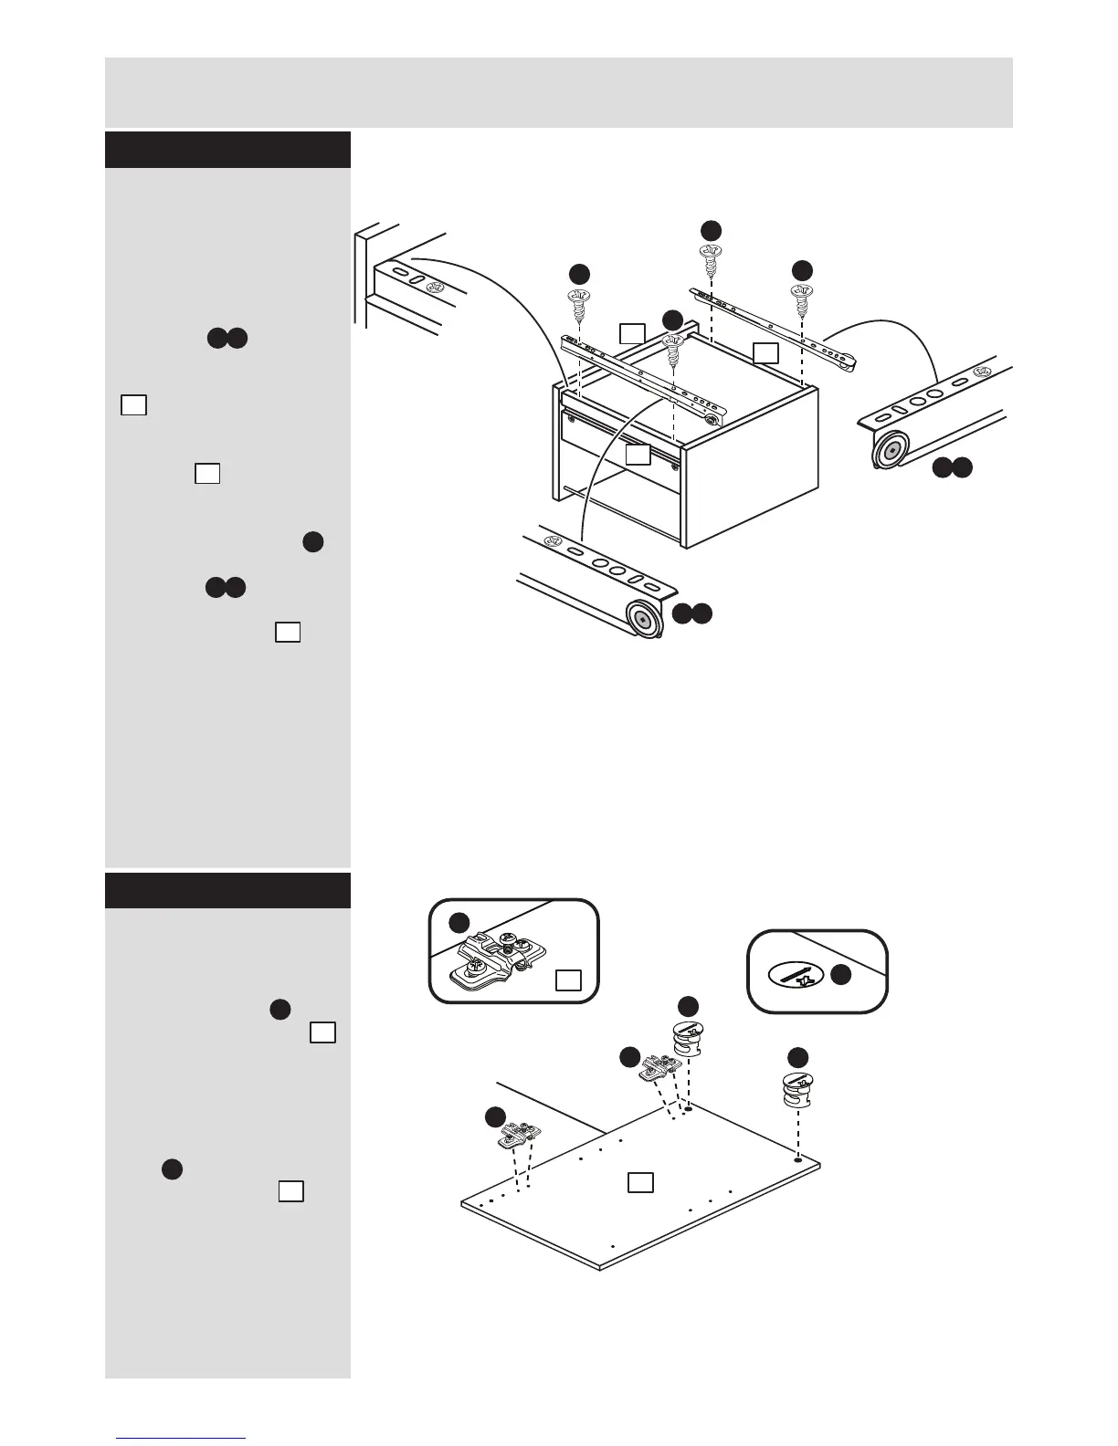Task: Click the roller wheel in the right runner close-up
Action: (890, 450)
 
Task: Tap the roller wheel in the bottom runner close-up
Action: (643, 620)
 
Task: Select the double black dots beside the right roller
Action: (952, 468)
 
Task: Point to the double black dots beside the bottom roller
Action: (692, 615)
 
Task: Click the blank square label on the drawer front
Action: (638, 454)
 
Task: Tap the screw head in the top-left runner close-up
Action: (435, 287)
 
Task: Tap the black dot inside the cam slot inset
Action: (841, 975)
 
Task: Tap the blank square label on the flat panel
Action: (640, 1182)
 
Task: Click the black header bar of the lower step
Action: (228, 890)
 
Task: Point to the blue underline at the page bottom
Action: (181, 1439)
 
